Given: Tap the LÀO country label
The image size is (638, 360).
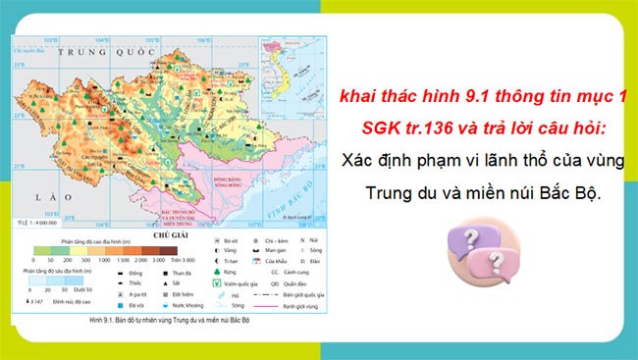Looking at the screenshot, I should coord(43,197).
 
